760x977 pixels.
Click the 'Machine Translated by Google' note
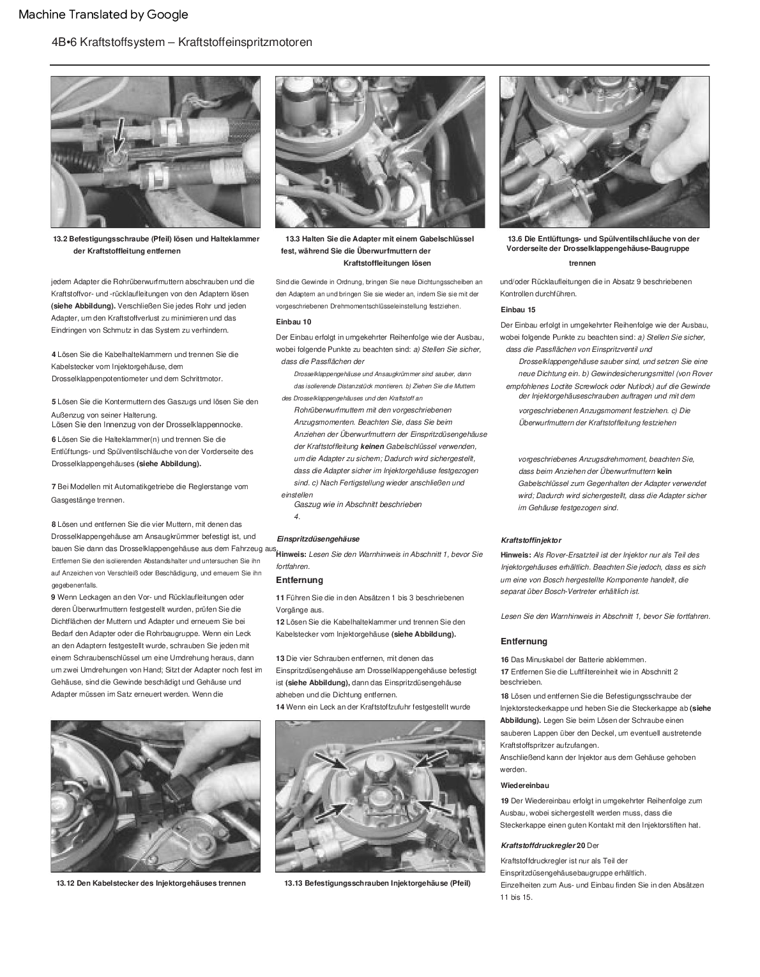(103, 14)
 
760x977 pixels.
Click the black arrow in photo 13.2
(119, 137)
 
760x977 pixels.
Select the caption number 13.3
(294, 239)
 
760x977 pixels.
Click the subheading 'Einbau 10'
(294, 322)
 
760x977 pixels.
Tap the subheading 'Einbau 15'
(518, 310)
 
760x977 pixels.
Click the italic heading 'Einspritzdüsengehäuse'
(317, 539)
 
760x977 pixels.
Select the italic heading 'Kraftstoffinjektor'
(531, 540)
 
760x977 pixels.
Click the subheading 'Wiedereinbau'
(524, 785)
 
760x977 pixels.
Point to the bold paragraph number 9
(53, 597)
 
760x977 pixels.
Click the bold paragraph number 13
(280, 658)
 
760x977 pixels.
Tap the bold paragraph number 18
(505, 696)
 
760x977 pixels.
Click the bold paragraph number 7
(53, 487)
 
